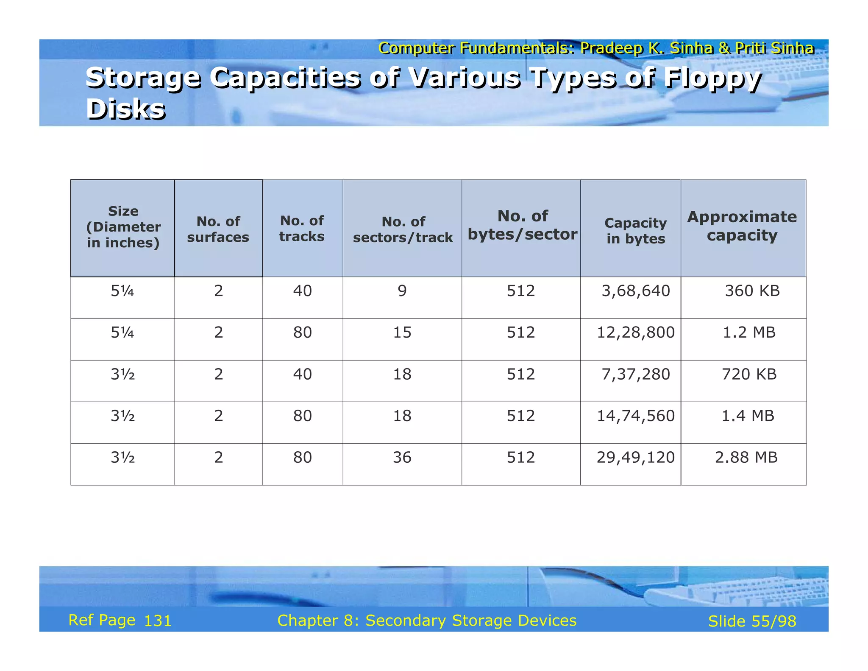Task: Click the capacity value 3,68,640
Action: [636, 291]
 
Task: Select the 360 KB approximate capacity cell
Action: [752, 291]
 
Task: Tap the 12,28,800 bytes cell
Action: [636, 333]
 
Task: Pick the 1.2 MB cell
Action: [749, 333]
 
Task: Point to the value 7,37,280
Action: [636, 374]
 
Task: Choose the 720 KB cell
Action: [749, 374]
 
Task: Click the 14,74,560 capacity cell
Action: [636, 416]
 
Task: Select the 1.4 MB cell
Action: [748, 416]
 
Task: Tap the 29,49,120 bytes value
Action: [636, 457]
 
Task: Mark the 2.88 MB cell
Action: [746, 457]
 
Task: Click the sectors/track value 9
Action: [402, 291]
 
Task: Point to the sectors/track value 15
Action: [402, 333]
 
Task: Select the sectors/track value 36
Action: [402, 457]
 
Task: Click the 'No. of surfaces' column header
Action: [218, 229]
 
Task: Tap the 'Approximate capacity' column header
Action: [742, 226]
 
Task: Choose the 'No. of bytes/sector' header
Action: [522, 225]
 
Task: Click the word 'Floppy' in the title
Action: [712, 79]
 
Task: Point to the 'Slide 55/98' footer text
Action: [752, 621]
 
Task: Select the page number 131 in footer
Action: [158, 621]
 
